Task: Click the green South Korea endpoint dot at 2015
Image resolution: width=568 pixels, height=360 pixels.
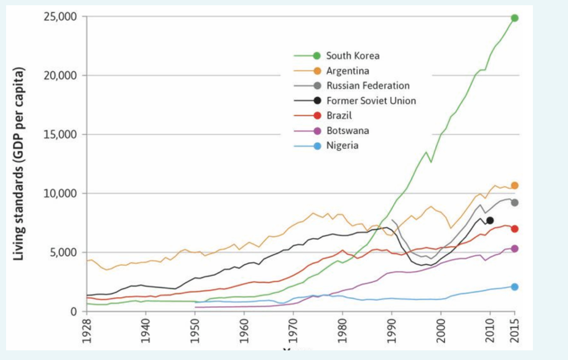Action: (514, 18)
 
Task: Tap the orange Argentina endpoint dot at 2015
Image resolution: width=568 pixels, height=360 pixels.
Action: (514, 185)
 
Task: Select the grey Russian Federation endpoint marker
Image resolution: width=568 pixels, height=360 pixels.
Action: (514, 202)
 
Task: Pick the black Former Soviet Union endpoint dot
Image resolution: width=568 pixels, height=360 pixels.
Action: (490, 220)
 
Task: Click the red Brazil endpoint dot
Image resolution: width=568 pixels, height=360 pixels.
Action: (514, 229)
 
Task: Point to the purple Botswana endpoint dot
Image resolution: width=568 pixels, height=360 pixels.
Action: (514, 248)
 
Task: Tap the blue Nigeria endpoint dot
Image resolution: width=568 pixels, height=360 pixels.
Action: (514, 287)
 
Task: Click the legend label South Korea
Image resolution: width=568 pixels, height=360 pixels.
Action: (352, 56)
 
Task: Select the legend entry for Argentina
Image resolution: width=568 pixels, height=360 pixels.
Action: (348, 71)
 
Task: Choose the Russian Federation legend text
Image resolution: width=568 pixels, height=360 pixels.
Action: (368, 86)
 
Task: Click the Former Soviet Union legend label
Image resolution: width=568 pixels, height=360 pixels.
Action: (371, 101)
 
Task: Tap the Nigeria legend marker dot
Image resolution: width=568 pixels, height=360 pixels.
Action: (317, 146)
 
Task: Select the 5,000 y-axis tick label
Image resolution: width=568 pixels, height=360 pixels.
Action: (64, 252)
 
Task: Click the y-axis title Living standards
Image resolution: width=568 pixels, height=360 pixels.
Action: (18, 164)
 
